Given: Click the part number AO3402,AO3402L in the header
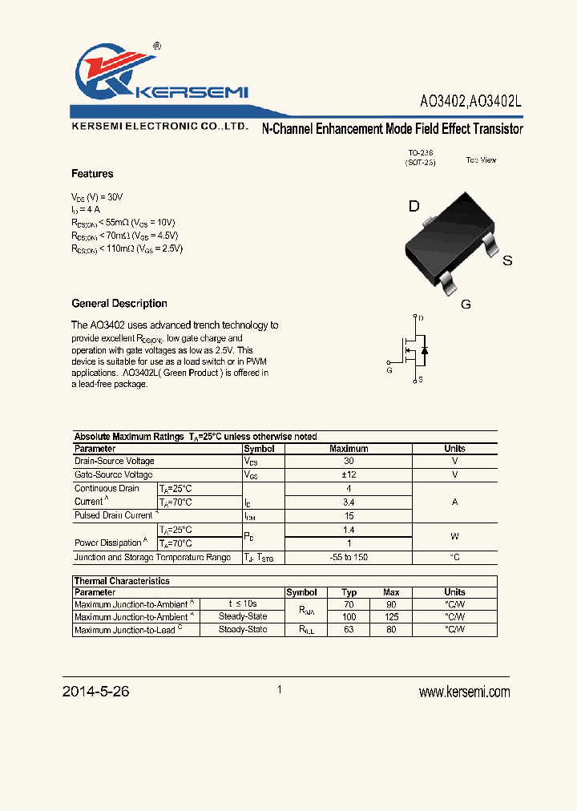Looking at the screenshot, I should coord(471,103).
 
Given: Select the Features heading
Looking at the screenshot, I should coord(92,174).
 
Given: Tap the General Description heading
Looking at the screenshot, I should coord(119,304).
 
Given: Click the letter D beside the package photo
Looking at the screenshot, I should coord(414,207).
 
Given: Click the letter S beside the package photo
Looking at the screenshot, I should coord(506,261).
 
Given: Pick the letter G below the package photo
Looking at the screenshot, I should coord(465,304).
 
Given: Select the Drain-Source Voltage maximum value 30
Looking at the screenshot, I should coord(349,462).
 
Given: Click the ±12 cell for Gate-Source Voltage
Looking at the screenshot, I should coord(349,475).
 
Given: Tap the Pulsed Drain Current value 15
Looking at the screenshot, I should coord(349,515).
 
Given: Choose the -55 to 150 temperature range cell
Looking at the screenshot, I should coord(349,557).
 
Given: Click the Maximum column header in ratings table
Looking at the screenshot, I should coord(349,449).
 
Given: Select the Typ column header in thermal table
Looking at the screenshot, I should coord(349,592).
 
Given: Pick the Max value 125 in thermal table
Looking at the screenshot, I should coord(391,617).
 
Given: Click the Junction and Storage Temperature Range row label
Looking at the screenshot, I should coord(152,557).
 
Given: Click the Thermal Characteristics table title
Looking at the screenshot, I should coord(122,581).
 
